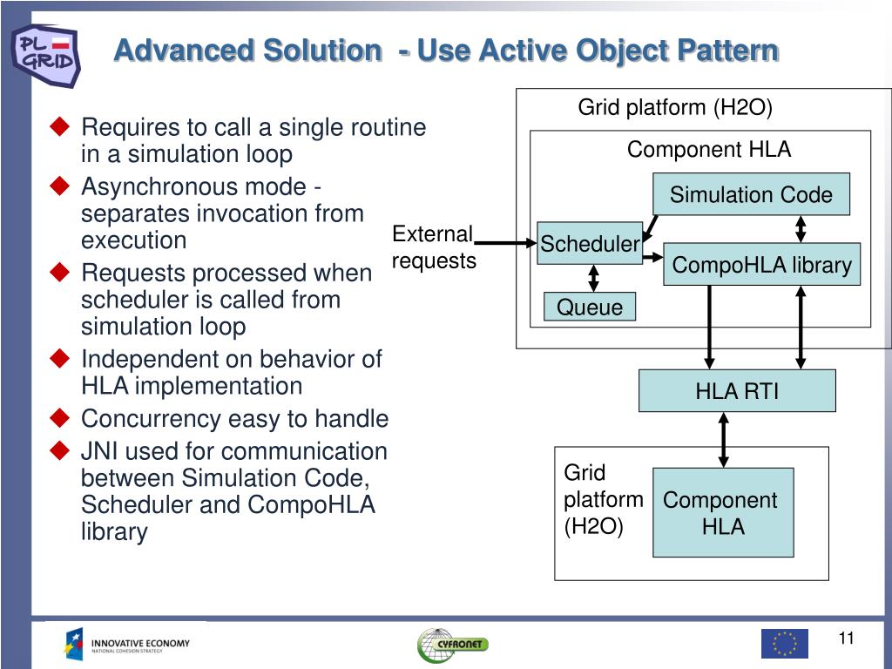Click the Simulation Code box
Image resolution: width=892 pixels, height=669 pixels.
751,194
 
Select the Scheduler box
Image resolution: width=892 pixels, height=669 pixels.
590,244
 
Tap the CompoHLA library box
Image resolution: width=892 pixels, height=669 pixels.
762,265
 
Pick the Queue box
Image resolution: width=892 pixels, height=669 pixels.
590,307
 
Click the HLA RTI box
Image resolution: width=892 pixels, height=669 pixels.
737,391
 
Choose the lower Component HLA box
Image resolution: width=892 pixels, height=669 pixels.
723,512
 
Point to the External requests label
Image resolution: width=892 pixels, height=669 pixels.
433,247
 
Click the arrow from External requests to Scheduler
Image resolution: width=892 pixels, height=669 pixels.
506,243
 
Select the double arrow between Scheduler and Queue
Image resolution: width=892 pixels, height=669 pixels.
594,278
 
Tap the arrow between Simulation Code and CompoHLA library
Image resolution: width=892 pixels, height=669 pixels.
801,228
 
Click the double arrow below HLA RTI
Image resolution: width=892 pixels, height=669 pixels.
723,440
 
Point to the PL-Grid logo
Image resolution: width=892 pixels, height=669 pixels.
45,54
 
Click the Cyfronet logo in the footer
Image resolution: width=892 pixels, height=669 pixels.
451,645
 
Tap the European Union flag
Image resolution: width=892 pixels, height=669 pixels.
784,643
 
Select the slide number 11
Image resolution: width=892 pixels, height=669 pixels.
846,639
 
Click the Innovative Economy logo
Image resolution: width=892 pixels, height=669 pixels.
127,645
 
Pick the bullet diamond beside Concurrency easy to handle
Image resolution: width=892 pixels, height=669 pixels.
59,418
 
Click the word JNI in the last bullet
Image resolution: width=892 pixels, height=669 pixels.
98,451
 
